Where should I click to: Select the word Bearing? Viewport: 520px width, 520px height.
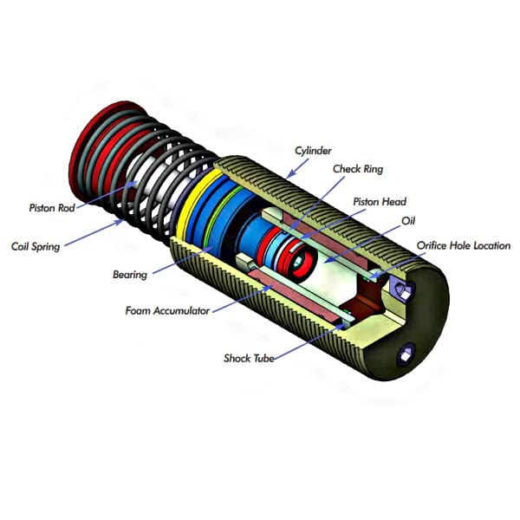point(129,274)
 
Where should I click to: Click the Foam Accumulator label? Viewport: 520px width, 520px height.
point(166,310)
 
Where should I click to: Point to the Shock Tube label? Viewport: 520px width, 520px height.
point(250,357)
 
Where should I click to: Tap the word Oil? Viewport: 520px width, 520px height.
point(409,221)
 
